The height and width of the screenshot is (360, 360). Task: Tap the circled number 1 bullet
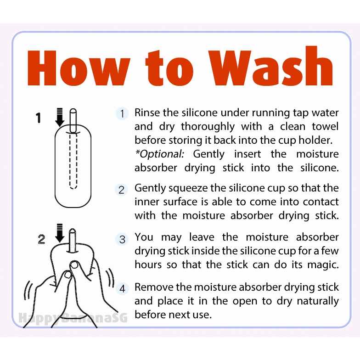coord(122,113)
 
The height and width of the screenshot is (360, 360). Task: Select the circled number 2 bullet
coord(121,190)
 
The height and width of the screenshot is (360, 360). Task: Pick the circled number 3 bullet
coord(122,239)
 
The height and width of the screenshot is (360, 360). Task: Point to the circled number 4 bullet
coord(122,288)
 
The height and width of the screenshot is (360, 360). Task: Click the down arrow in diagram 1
coord(60,117)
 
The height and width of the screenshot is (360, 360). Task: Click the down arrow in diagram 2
coord(60,233)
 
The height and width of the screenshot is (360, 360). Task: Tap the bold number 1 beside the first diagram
coord(39,118)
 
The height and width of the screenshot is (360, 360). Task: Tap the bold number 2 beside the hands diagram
coord(41,239)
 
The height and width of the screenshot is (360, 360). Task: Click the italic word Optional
coord(160,154)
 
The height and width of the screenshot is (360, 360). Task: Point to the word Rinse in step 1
coord(147,112)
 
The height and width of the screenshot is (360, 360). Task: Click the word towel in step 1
coord(325,127)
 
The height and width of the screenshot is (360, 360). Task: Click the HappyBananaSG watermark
coord(73,318)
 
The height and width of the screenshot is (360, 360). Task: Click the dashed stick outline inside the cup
coord(73,161)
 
